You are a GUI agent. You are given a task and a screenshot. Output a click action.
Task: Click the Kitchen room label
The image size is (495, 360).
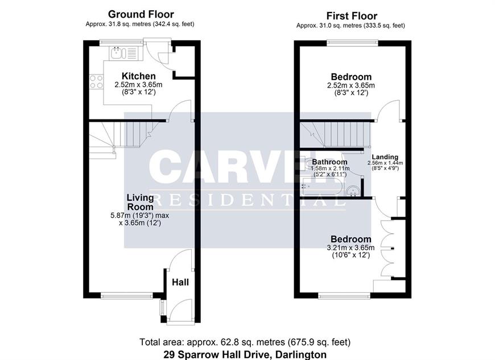click(x=139, y=76)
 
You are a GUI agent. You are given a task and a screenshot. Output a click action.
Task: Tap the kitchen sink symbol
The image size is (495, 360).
click(x=123, y=53)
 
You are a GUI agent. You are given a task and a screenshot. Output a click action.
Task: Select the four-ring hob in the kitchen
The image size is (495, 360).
click(x=96, y=81)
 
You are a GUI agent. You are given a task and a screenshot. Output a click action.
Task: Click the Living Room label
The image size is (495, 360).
click(x=140, y=202)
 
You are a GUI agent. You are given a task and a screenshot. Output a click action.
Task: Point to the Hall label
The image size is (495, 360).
click(x=180, y=282)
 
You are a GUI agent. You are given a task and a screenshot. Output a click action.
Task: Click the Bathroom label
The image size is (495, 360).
click(x=329, y=162)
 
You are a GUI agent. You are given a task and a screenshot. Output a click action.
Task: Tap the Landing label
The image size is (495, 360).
click(x=385, y=157)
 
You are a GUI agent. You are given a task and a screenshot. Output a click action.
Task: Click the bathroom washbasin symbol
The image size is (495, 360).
click(x=353, y=191)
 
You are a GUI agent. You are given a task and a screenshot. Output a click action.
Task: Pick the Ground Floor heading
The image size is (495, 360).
click(x=141, y=14)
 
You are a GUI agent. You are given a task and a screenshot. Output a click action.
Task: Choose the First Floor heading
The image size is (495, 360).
click(x=352, y=16)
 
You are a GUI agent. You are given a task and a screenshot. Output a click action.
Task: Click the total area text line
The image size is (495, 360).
click(x=245, y=342)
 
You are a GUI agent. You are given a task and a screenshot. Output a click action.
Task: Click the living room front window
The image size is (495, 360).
click(x=127, y=296)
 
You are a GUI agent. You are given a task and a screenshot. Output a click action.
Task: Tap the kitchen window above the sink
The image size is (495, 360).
click(x=121, y=43)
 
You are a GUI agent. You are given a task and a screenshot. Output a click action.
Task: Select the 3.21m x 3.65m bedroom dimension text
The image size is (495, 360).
click(x=350, y=247)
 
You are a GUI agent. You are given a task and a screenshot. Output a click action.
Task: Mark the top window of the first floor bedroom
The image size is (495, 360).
click(x=352, y=43)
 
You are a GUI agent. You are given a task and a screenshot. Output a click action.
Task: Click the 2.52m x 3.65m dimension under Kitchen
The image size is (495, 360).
click(x=139, y=85)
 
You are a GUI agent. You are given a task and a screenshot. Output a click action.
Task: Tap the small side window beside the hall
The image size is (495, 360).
click(x=163, y=308)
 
